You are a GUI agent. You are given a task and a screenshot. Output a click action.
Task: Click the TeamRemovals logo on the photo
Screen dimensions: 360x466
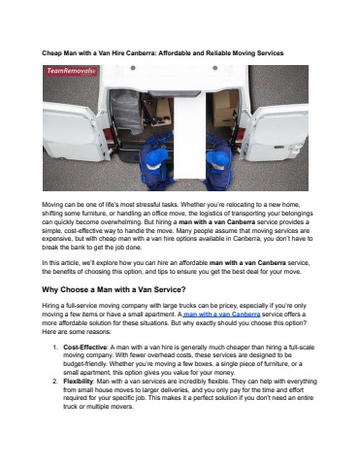point(71,71)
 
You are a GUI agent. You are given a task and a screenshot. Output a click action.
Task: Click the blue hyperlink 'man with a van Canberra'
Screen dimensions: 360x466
point(222,315)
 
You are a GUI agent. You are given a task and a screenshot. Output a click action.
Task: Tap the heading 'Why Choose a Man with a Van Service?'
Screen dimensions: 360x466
point(114,289)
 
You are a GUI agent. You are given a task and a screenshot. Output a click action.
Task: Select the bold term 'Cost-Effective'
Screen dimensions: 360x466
point(84,348)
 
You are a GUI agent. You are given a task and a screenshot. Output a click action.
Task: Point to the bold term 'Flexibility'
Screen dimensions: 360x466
point(78,382)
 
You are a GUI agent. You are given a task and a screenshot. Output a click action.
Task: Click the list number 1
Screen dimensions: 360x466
point(55,348)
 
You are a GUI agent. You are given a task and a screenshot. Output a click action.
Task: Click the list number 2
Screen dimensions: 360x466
point(55,382)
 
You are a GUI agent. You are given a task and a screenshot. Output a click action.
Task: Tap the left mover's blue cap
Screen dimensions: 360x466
point(155,157)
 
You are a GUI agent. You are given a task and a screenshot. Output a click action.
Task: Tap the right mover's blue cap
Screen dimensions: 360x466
point(217,158)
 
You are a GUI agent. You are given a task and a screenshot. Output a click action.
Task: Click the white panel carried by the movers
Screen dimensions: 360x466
point(189,135)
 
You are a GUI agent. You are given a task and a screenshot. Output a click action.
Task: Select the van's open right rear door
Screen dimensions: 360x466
point(276,132)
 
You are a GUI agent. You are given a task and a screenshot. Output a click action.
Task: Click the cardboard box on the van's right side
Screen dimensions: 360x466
point(225,108)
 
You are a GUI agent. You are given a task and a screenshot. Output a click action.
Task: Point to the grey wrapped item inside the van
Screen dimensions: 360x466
point(126,111)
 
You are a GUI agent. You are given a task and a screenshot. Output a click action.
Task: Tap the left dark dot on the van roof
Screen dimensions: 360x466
point(133,68)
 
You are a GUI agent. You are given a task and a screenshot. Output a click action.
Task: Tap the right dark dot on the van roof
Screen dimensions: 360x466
point(215,68)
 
